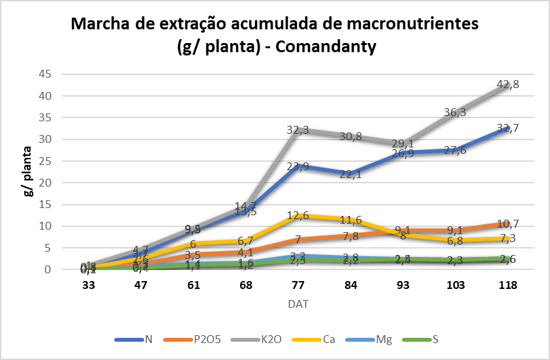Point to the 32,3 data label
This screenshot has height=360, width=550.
(x=298, y=130)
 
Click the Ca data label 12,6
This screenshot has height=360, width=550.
(x=298, y=215)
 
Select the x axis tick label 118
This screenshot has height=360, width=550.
(x=508, y=285)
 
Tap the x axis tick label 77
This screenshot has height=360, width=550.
(x=298, y=285)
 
